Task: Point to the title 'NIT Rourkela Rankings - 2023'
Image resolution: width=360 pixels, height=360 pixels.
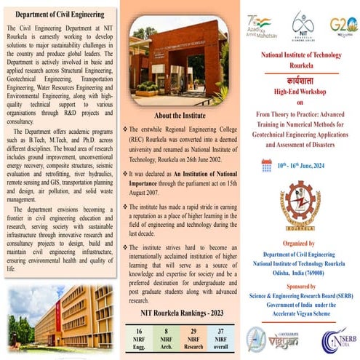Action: [x=179, y=313]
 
